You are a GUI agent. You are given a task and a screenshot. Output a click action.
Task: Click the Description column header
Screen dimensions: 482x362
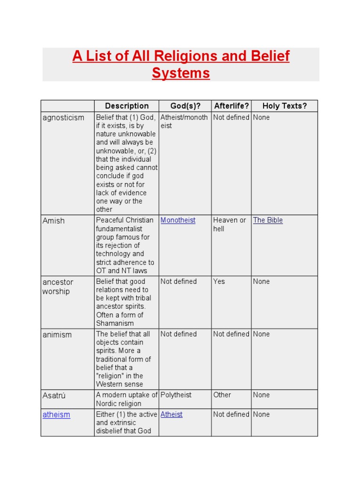126,106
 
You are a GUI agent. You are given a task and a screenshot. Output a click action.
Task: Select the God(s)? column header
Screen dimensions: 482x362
184,106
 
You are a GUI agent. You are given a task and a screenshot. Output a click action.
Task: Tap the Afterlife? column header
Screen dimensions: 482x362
231,106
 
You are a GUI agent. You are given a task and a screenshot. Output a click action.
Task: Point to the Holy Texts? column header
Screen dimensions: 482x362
284,106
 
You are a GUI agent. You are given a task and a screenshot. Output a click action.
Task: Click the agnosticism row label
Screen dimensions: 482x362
63,118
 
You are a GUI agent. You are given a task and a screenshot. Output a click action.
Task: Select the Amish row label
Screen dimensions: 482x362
54,221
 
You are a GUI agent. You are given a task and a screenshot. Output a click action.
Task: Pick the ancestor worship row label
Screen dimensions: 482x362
58,287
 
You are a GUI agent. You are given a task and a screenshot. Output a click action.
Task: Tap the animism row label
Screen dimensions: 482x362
57,335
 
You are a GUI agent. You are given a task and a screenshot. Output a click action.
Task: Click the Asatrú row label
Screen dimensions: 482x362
54,396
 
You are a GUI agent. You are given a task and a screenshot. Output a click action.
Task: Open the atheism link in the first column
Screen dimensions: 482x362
56,415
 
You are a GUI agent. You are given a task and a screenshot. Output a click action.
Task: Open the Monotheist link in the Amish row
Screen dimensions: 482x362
178,220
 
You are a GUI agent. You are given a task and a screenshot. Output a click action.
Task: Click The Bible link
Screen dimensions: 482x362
268,220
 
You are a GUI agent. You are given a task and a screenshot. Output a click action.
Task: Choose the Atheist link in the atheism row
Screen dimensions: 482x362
172,415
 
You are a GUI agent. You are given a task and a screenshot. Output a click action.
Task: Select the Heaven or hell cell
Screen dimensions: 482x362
230,225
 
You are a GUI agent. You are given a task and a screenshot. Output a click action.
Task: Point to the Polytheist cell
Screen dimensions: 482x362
176,395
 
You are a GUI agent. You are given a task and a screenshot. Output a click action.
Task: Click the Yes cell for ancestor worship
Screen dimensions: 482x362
219,281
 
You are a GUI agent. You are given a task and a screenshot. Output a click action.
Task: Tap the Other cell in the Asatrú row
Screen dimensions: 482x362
222,395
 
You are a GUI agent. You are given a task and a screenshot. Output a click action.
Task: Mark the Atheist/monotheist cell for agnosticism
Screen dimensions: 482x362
184,121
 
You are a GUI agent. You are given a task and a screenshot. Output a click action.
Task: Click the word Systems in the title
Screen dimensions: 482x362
181,73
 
